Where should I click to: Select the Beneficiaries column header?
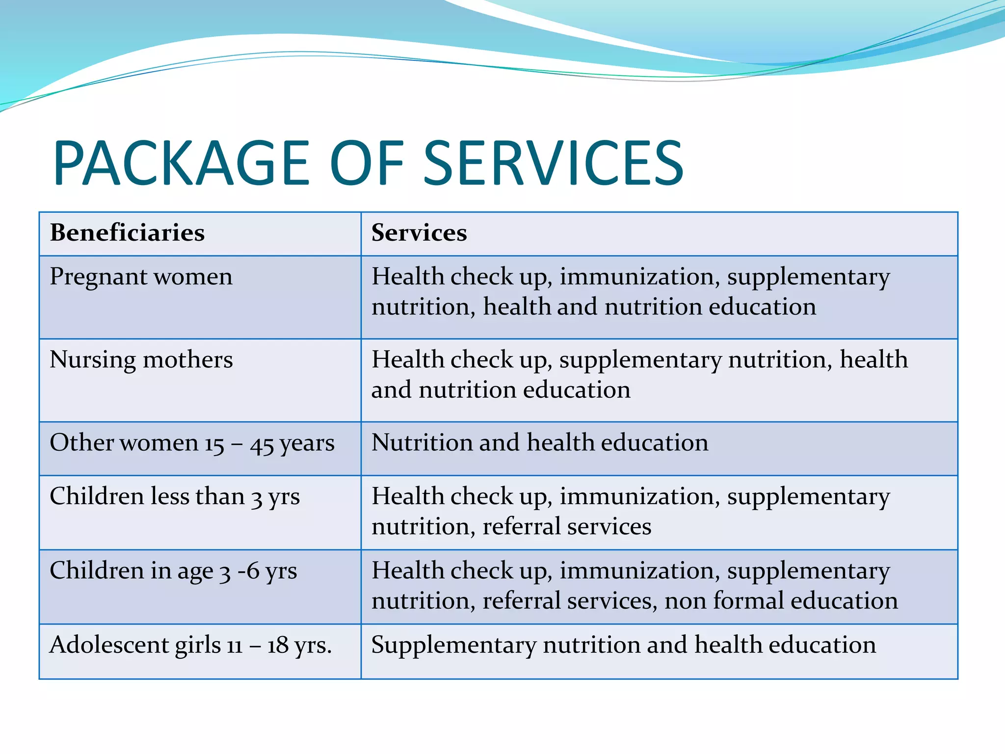click(127, 233)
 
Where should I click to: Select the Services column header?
click(419, 233)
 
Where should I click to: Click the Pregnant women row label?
click(141, 277)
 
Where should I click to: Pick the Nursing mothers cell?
click(141, 360)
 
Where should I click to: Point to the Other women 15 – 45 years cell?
click(192, 443)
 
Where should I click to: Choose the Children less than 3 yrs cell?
click(174, 497)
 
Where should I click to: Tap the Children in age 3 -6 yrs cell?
click(173, 571)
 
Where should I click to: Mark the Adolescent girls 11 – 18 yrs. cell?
click(190, 646)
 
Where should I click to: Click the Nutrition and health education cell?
click(540, 443)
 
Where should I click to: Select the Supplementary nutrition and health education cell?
click(623, 646)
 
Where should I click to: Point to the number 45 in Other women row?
click(262, 445)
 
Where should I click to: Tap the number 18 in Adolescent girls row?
click(277, 646)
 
